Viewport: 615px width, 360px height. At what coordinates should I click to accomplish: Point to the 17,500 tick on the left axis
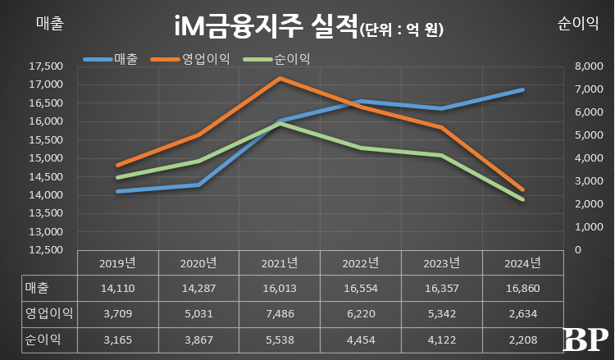[45, 66]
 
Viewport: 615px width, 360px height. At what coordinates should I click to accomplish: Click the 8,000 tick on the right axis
[590, 66]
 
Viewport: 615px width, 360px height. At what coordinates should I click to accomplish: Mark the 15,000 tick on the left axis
[45, 158]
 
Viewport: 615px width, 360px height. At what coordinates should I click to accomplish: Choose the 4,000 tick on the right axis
[590, 158]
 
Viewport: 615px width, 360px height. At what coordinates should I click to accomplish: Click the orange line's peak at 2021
[280, 78]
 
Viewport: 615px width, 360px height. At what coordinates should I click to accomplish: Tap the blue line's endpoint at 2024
[523, 89]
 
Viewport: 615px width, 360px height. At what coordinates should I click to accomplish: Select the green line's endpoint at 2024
[523, 199]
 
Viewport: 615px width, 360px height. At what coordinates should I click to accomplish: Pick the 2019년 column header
[119, 263]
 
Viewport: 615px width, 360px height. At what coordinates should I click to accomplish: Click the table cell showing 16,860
[523, 289]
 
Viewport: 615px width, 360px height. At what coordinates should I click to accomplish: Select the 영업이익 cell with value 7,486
[280, 314]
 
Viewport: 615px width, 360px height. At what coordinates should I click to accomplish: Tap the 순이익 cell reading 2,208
[523, 339]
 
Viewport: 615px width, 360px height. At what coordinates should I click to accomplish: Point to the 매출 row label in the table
[38, 289]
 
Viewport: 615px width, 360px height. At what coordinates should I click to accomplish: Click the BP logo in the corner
[585, 337]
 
